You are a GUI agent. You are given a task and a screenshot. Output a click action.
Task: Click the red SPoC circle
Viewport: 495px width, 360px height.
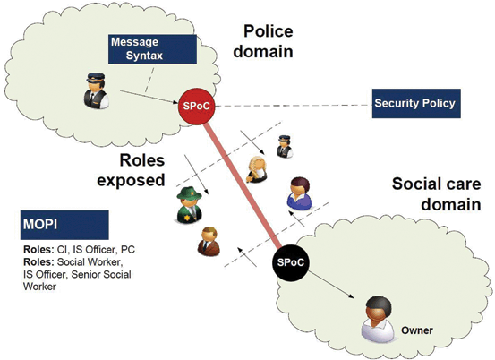(x=196, y=106)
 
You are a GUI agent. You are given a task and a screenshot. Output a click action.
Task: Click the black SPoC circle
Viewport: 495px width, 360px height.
(x=290, y=262)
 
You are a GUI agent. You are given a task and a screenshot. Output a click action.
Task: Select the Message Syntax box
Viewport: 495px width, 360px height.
(x=152, y=49)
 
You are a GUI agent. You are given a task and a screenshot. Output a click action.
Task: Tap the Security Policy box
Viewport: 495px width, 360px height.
(x=416, y=104)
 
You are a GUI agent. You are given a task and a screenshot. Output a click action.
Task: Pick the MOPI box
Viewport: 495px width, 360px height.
(x=64, y=225)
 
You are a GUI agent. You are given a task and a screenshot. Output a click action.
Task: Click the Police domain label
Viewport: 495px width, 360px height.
(x=263, y=41)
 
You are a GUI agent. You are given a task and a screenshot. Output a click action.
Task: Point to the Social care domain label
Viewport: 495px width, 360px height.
(x=437, y=194)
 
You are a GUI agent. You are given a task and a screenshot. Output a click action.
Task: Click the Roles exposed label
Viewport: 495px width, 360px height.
(x=132, y=170)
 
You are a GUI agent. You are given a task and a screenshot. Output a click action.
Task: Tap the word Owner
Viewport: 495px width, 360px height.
(x=417, y=330)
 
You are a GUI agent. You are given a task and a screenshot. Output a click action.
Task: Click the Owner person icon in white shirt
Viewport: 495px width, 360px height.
(x=378, y=319)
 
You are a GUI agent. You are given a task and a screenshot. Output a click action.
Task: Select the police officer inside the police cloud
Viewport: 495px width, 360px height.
(x=96, y=90)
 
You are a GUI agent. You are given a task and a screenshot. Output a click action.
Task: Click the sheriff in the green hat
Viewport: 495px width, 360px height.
(x=189, y=205)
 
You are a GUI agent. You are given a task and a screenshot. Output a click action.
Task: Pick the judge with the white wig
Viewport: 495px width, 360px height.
(x=257, y=169)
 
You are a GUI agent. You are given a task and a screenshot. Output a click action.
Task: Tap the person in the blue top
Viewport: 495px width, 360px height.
(x=299, y=193)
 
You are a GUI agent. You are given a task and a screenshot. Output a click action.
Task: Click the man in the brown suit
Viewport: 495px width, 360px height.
(x=209, y=241)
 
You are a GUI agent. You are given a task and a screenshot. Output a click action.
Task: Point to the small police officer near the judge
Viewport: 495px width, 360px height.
(x=285, y=147)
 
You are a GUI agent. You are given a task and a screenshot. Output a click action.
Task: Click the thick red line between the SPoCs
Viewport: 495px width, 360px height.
(x=243, y=185)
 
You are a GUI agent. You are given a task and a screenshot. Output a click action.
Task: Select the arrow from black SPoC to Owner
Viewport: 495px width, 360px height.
(x=331, y=285)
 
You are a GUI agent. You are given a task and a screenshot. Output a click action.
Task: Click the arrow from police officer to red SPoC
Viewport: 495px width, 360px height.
(x=149, y=98)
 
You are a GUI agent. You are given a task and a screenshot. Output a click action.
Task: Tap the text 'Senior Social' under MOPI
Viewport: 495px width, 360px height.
(x=101, y=274)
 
